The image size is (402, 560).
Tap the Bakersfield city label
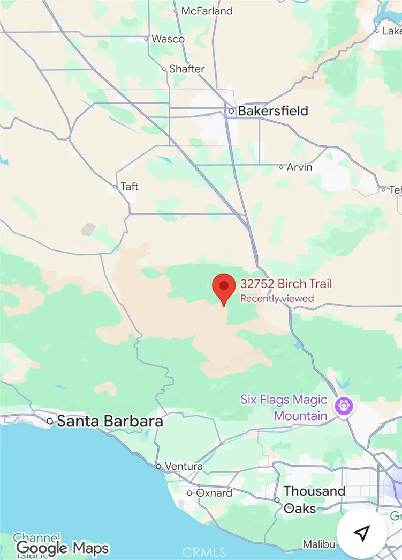point(273,111)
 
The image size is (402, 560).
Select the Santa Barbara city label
point(110,421)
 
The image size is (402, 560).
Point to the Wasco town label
point(168,39)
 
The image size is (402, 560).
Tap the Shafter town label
point(187,69)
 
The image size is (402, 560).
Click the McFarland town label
point(207,11)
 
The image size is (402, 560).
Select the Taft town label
point(129,187)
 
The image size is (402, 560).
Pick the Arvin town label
point(299,167)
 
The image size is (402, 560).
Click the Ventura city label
point(184,466)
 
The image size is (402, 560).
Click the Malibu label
point(318,544)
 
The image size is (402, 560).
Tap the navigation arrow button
point(362,533)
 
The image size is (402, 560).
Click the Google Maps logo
point(63,548)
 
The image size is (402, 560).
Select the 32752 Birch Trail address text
point(286,284)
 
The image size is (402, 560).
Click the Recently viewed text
point(277,299)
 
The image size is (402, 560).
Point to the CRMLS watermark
point(204,552)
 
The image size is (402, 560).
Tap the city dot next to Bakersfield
point(231,111)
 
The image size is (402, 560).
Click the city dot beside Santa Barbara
point(50,422)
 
